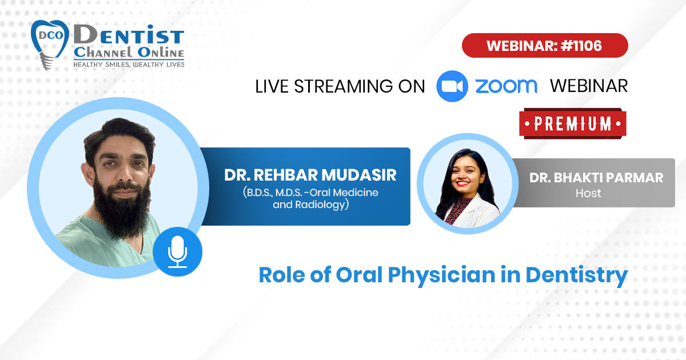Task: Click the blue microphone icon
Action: click(x=177, y=251)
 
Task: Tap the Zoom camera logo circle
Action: click(x=452, y=86)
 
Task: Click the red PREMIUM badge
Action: click(x=573, y=123)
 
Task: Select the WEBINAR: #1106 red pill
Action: click(x=545, y=46)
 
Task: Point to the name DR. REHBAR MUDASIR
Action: click(x=310, y=175)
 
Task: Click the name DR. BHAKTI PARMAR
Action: click(x=596, y=178)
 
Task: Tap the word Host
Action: click(x=588, y=193)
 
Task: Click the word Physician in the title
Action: click(x=441, y=275)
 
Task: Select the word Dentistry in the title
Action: click(x=577, y=275)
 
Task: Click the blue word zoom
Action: click(x=506, y=86)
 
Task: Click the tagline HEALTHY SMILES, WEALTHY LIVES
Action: click(x=129, y=65)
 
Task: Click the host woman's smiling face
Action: click(x=465, y=174)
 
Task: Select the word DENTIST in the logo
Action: click(x=129, y=35)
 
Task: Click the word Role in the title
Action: click(x=282, y=275)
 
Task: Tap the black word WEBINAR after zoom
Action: click(x=589, y=86)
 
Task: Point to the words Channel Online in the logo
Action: click(x=129, y=52)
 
